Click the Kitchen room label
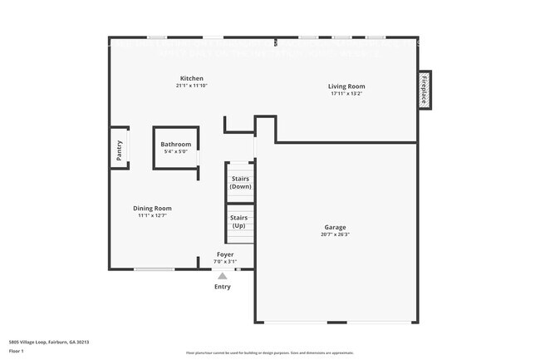[192, 78]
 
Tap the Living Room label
[346, 86]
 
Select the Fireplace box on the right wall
[425, 90]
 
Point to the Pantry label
[120, 150]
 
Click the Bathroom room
[175, 148]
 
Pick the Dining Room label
[152, 209]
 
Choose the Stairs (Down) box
[241, 182]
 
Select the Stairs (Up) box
[239, 222]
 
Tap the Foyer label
[225, 254]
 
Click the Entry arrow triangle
[222, 276]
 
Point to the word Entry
[223, 287]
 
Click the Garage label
[336, 227]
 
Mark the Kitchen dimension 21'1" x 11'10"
[191, 86]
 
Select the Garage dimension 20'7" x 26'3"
[336, 234]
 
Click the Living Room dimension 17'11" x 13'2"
[346, 94]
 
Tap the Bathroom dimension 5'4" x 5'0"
[175, 151]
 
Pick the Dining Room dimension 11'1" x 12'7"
[153, 216]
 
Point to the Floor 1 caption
[17, 352]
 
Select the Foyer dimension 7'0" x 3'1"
[225, 261]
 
